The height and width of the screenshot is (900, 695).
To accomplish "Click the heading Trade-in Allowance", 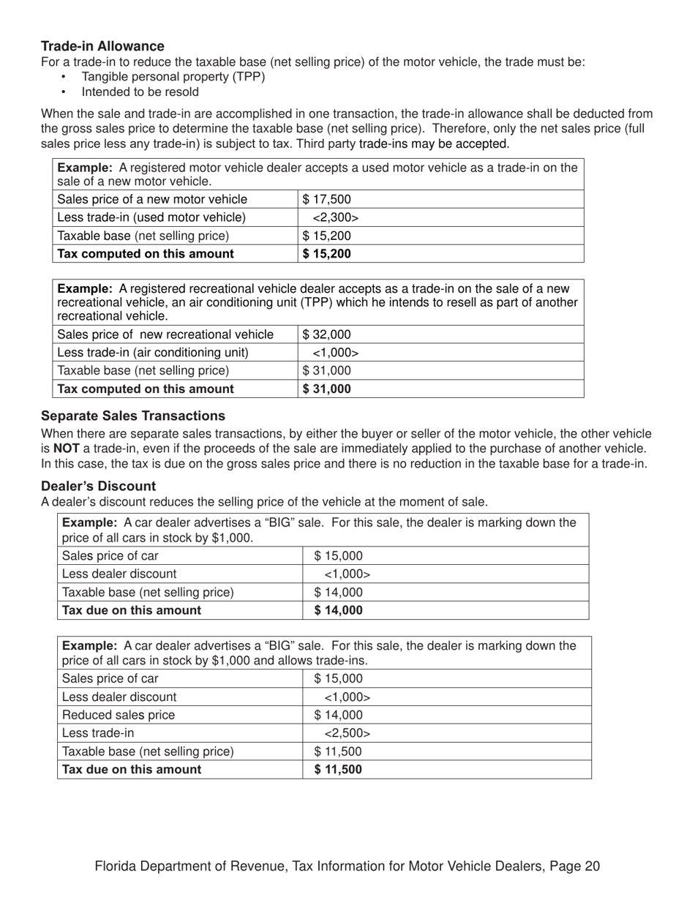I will click(x=102, y=46).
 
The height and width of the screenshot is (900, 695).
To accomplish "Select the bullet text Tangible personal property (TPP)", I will click(x=173, y=76).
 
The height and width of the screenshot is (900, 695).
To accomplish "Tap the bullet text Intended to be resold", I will click(x=140, y=92).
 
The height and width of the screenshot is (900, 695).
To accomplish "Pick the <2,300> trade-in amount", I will click(x=335, y=217).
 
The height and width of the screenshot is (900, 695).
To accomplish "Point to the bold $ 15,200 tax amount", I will click(x=326, y=254).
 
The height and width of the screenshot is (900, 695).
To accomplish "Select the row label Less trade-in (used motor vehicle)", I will click(x=151, y=217).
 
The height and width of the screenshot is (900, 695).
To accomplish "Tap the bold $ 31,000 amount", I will click(x=326, y=389).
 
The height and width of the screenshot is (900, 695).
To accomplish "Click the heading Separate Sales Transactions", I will click(x=133, y=416).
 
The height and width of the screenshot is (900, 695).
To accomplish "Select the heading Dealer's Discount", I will click(x=98, y=486).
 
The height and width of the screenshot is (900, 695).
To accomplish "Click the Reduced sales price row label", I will click(x=119, y=715).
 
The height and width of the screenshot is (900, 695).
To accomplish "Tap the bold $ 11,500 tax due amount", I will click(x=338, y=769).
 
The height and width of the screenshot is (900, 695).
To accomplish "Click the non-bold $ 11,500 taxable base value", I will click(x=338, y=751).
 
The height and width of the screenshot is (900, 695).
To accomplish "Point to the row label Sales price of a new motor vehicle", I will click(x=152, y=199).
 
